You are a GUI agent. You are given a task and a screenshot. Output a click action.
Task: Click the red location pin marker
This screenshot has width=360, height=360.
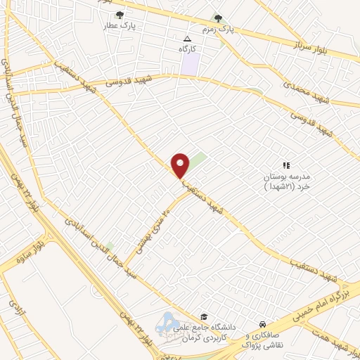(181, 165)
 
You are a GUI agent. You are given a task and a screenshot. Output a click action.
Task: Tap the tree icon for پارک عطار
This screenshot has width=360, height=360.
(120, 14)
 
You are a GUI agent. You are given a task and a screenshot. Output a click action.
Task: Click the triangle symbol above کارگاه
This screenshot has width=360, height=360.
(187, 39)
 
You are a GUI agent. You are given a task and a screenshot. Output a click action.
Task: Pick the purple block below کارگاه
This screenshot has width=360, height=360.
(189, 65)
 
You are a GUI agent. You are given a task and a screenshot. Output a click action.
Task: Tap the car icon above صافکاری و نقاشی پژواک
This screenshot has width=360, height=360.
(262, 323)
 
